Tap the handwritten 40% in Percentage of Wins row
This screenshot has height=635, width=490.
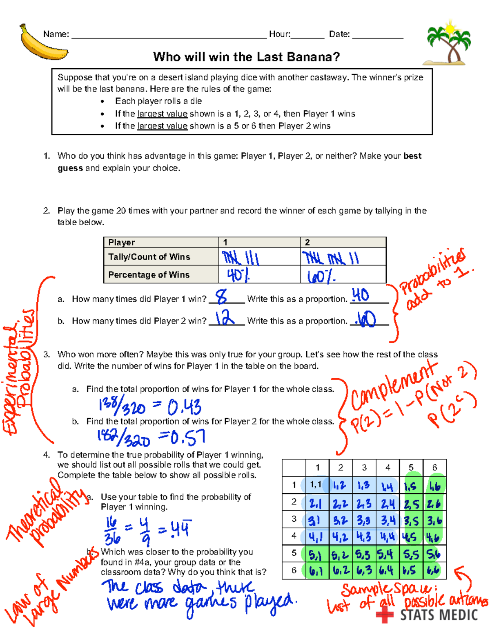238,275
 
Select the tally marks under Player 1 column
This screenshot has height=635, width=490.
240,258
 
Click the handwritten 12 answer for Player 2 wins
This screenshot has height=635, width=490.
225,318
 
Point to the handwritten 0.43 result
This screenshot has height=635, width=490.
184,407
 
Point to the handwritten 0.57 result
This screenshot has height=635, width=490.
188,438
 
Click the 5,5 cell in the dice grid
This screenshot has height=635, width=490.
411,554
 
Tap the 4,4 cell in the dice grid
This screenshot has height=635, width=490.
388,537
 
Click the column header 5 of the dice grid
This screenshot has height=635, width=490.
411,467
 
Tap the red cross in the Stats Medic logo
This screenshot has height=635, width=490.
384,615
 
